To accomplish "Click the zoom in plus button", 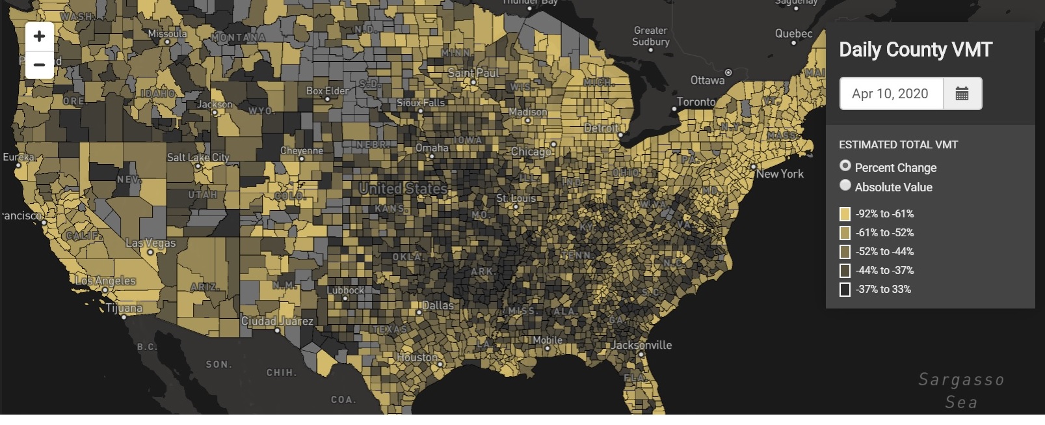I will tap(39, 36).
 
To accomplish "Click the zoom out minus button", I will tap(39, 65).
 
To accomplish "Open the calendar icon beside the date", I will tap(962, 94).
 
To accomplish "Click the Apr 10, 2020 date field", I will tap(890, 94).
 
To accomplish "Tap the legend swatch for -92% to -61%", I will tap(845, 213).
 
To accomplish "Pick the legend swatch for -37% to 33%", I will tap(845, 290).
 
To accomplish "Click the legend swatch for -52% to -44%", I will tap(845, 251).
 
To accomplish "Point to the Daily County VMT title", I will tap(915, 49).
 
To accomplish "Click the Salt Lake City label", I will tap(198, 158).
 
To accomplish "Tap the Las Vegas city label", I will tap(150, 243).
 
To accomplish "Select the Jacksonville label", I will tap(641, 345).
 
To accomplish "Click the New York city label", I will tap(780, 174).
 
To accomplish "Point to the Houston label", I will tap(417, 357).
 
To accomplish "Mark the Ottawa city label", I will tap(707, 80).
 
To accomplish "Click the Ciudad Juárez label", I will tap(277, 321).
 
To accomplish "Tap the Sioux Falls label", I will tap(421, 103).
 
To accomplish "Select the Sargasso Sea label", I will tap(961, 391).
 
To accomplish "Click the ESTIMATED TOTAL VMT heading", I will tap(898, 144).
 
